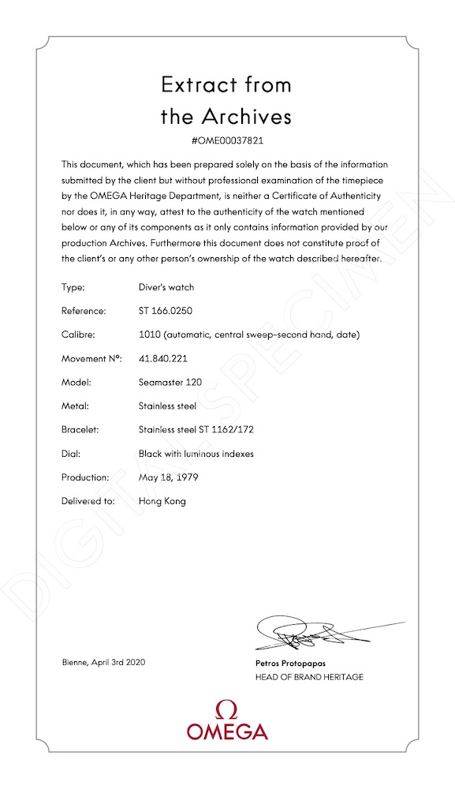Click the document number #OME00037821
pos(226,140)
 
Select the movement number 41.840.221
pos(165,358)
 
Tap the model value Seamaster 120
pos(170,382)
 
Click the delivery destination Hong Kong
pos(162,501)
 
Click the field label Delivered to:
pos(88,501)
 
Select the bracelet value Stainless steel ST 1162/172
pos(196,430)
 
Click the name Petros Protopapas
pos(285,664)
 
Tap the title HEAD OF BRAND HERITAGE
pos(304,677)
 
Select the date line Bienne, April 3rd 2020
pos(103,662)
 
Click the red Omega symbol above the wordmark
pos(227,708)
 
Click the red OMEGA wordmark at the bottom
pos(227,731)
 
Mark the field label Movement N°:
pos(91,358)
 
